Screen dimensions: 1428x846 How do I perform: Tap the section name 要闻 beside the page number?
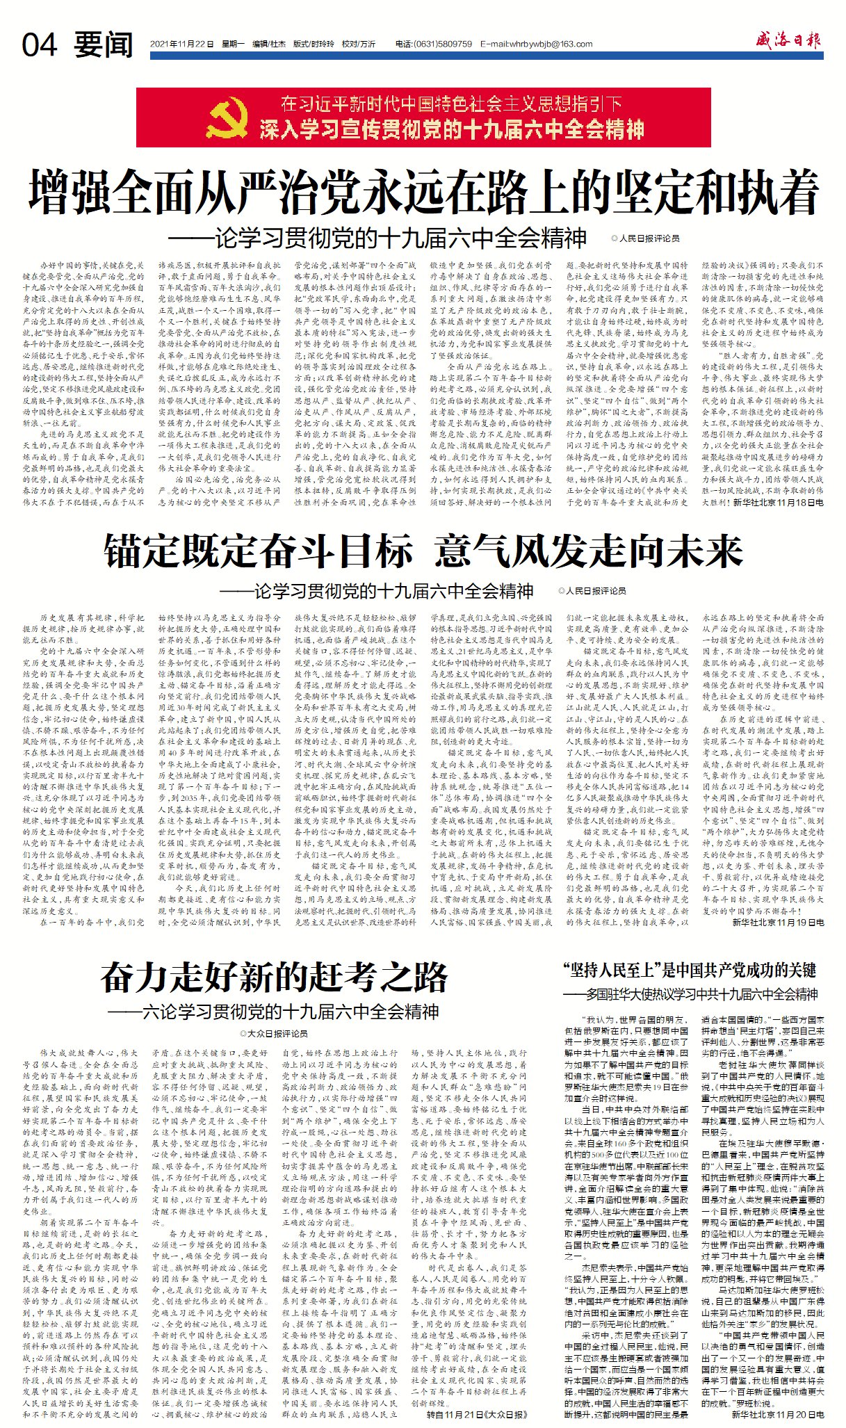tap(104, 45)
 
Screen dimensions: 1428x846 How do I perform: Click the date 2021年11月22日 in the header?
tap(181, 44)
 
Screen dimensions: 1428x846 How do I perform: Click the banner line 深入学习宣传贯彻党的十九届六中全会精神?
tap(452, 129)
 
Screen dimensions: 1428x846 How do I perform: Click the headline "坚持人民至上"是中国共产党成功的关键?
tap(689, 970)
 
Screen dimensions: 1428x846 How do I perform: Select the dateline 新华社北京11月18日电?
tap(778, 501)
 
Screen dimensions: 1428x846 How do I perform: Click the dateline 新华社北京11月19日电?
tap(778, 922)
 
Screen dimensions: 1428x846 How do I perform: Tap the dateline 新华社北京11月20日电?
tap(777, 1414)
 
